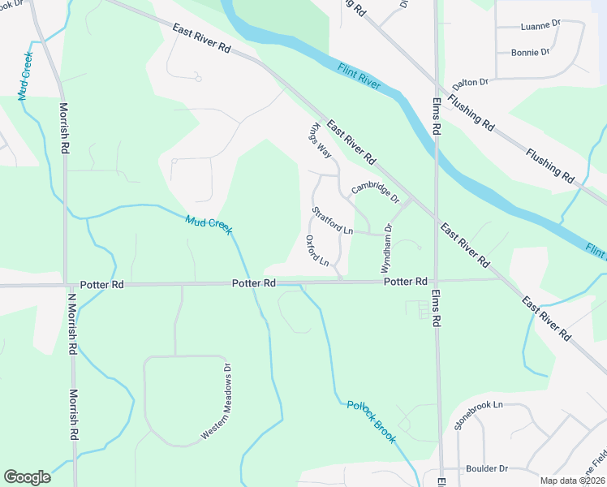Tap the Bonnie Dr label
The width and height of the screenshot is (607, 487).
(530, 53)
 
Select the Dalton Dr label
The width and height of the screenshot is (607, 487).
(471, 82)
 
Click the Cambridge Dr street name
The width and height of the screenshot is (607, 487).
(376, 192)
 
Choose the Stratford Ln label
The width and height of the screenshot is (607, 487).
(333, 222)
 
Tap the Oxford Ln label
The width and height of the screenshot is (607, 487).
(317, 251)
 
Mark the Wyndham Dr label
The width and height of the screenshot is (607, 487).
(387, 248)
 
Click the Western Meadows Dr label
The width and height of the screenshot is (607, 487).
(217, 403)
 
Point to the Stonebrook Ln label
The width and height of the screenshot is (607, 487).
(479, 415)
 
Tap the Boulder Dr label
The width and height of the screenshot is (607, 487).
(486, 469)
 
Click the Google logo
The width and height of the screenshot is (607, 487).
(27, 477)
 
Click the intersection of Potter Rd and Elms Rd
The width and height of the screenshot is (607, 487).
(437, 281)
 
